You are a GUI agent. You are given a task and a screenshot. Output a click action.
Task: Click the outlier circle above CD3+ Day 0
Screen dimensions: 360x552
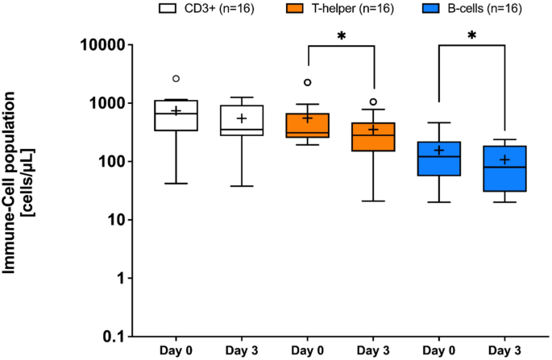pos(176,79)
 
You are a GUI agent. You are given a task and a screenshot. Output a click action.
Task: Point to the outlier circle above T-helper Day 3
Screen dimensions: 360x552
pos(373,102)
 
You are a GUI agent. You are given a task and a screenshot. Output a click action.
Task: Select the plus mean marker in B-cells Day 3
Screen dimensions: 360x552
pos(504,159)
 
